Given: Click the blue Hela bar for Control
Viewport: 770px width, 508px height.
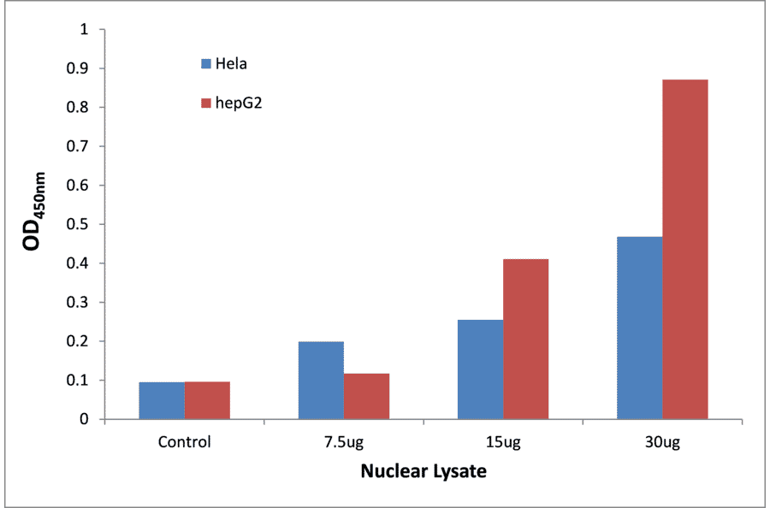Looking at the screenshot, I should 161,400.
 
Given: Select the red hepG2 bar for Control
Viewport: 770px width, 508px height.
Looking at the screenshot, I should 207,400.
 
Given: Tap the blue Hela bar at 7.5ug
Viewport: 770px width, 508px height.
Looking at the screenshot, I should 321,381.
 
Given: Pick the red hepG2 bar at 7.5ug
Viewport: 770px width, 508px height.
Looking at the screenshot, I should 366,396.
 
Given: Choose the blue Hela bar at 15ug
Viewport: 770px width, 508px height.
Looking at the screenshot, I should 480,369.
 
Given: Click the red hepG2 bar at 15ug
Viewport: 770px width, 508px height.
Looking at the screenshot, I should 525,339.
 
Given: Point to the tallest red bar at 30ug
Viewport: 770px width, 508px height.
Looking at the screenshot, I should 684,249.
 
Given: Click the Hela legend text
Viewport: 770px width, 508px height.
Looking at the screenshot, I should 232,63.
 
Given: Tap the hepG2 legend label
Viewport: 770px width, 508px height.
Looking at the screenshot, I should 238,103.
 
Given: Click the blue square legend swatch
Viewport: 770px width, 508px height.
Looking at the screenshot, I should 206,63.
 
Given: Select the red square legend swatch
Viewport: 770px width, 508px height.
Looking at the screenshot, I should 206,103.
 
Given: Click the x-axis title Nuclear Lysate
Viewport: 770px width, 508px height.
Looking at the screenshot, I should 423,471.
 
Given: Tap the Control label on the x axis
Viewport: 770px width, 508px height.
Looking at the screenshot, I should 184,442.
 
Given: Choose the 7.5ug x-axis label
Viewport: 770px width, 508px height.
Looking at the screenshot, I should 343,442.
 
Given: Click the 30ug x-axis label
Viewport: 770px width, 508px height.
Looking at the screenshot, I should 662,442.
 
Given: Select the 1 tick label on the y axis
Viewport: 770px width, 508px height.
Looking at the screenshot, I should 84,30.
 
